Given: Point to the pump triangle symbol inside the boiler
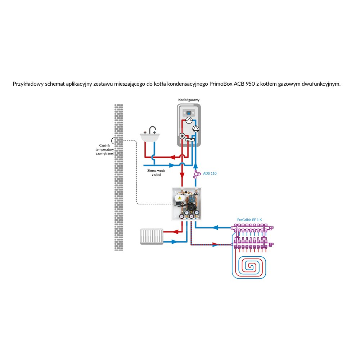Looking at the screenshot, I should pos(196,128).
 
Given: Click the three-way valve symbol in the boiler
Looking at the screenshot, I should pos(183,136).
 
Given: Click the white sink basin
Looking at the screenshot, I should pos(150,137).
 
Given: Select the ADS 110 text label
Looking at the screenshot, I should pos(210,174).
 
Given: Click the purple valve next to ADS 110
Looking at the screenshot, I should pos(196,174).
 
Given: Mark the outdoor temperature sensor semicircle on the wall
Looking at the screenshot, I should pos(113,140).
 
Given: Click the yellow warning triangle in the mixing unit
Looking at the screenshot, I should pos(178,198).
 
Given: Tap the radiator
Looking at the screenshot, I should pos(152,237).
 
